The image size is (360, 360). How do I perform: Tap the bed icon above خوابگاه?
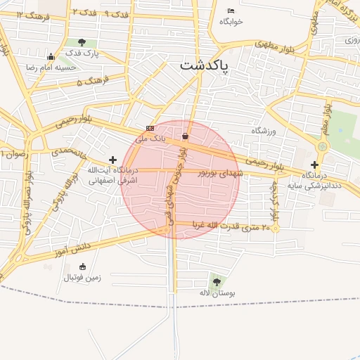231,11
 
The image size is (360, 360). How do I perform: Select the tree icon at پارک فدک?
83,42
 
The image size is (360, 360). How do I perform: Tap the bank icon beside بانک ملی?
149,128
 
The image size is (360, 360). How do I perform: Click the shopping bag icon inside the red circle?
185,136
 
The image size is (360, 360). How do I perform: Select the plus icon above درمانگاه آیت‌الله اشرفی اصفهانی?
112,160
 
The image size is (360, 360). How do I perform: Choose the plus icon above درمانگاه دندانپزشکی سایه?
314,165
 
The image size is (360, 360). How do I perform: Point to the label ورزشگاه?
265,131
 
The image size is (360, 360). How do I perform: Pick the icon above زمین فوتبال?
83,266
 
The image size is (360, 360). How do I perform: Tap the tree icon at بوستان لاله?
215,281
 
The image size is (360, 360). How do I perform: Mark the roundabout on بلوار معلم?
323,146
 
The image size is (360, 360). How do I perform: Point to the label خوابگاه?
231,22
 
